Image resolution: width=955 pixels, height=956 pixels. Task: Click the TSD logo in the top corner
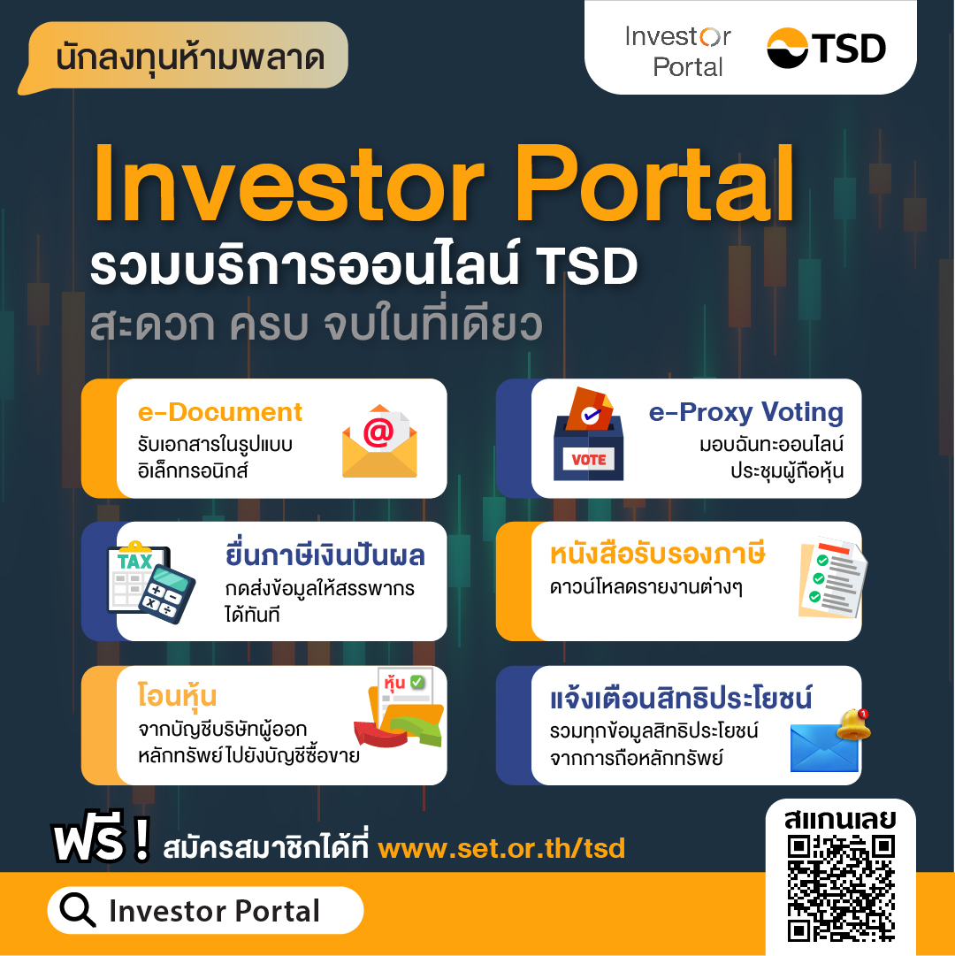[x=826, y=48]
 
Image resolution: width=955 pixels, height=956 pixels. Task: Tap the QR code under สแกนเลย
[x=840, y=888]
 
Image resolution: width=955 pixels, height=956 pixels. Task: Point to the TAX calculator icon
[x=149, y=580]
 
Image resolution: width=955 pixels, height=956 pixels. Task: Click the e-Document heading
[x=220, y=412]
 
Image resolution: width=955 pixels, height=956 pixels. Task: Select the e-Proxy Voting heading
[x=745, y=412]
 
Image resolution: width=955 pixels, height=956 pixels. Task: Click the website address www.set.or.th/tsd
[x=501, y=849]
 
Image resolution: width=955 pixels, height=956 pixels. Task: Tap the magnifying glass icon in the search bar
[x=78, y=911]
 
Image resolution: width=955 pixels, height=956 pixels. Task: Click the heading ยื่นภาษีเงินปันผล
[x=325, y=555]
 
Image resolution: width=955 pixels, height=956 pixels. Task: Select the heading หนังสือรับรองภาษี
[x=657, y=555]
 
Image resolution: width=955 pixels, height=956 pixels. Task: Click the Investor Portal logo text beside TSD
[x=677, y=51]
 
